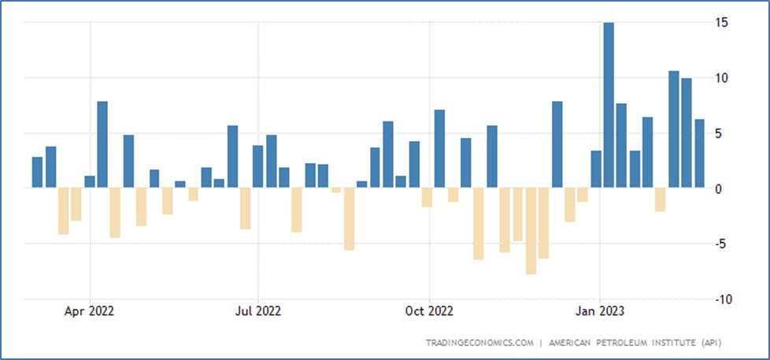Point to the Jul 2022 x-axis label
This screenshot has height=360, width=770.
[x=258, y=310]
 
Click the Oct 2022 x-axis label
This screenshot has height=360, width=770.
[x=429, y=310]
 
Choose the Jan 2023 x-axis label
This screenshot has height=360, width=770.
[x=600, y=310]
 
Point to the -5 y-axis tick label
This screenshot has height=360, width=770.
[x=720, y=243]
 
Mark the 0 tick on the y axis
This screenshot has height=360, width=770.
[x=722, y=188]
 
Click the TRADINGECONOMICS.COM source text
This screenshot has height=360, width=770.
[x=480, y=343]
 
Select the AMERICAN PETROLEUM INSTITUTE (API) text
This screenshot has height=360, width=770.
[x=634, y=343]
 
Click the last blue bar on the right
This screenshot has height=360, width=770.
[x=699, y=154]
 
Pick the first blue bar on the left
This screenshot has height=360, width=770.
[x=37, y=173]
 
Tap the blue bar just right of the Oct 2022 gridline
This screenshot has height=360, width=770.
[x=439, y=149]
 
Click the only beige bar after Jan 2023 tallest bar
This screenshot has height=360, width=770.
[x=660, y=200]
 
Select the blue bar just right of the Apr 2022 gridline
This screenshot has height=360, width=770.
[x=102, y=145]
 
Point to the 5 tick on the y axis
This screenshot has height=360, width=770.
[x=722, y=133]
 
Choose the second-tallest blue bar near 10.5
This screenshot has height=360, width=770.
[x=673, y=129]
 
